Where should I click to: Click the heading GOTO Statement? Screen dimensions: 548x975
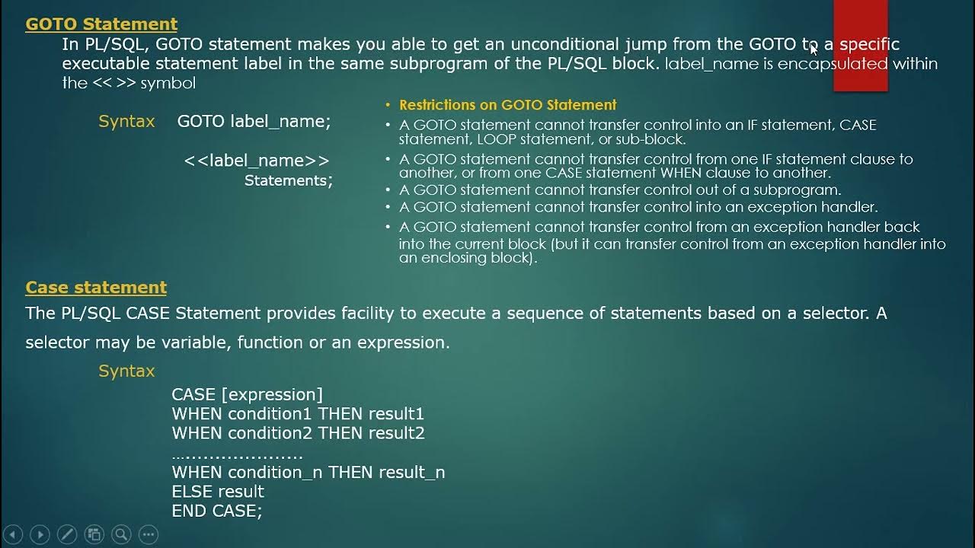pyautogui.click(x=101, y=24)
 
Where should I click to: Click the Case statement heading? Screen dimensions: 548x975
pyautogui.click(x=96, y=288)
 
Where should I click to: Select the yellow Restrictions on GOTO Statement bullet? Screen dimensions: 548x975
pyautogui.click(x=507, y=105)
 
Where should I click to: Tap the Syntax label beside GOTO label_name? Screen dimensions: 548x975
pyautogui.click(x=126, y=121)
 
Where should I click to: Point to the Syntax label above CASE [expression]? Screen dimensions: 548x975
pyautogui.click(x=126, y=371)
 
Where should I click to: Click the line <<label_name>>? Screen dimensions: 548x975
pyautogui.click(x=257, y=161)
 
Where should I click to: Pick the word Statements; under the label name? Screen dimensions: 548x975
pyautogui.click(x=288, y=180)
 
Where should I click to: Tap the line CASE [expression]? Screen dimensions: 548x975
pyautogui.click(x=248, y=394)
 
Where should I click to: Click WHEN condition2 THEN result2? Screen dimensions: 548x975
pyautogui.click(x=298, y=433)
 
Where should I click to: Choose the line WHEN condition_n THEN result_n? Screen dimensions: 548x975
pyautogui.click(x=308, y=472)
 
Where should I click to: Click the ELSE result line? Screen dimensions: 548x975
pyautogui.click(x=218, y=492)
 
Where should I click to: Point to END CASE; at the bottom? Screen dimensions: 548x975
pyautogui.click(x=217, y=511)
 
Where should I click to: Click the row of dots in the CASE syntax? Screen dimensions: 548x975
pyautogui.click(x=238, y=455)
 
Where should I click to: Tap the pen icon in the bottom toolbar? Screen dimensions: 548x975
pyautogui.click(x=66, y=534)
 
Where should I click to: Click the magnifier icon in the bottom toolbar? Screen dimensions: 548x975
pyautogui.click(x=121, y=534)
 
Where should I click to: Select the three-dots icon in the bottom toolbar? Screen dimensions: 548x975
pyautogui.click(x=149, y=534)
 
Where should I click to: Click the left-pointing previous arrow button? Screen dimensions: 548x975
pyautogui.click(x=13, y=534)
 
